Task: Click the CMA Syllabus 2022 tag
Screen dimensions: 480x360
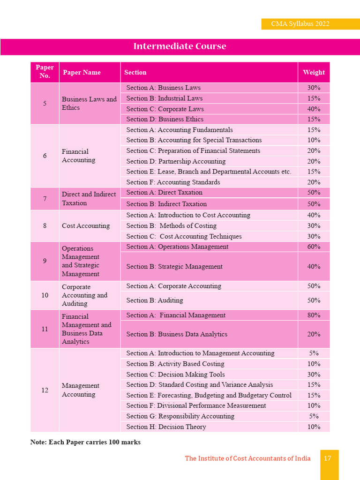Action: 300,24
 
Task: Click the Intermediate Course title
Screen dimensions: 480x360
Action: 180,46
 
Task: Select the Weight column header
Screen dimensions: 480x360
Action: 314,72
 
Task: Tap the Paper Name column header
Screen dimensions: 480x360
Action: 82,72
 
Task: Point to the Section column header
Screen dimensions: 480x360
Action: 135,72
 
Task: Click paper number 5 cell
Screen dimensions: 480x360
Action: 45,104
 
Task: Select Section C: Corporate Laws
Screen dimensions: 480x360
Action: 165,109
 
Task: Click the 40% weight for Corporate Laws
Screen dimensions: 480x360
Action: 314,109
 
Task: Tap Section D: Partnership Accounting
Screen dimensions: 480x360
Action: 176,161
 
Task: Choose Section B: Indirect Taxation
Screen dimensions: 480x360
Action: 166,204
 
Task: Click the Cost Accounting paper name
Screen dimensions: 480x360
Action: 86,225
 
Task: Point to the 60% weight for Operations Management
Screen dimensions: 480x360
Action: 314,247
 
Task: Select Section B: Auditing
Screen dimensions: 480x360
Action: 155,300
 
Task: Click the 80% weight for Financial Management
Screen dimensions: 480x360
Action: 314,315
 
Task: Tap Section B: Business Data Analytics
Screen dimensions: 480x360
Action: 177,334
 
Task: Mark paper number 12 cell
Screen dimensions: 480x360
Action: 45,390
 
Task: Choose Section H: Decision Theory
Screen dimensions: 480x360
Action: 166,427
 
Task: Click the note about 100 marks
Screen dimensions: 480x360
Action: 85,442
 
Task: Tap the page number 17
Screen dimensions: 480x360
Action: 328,458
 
